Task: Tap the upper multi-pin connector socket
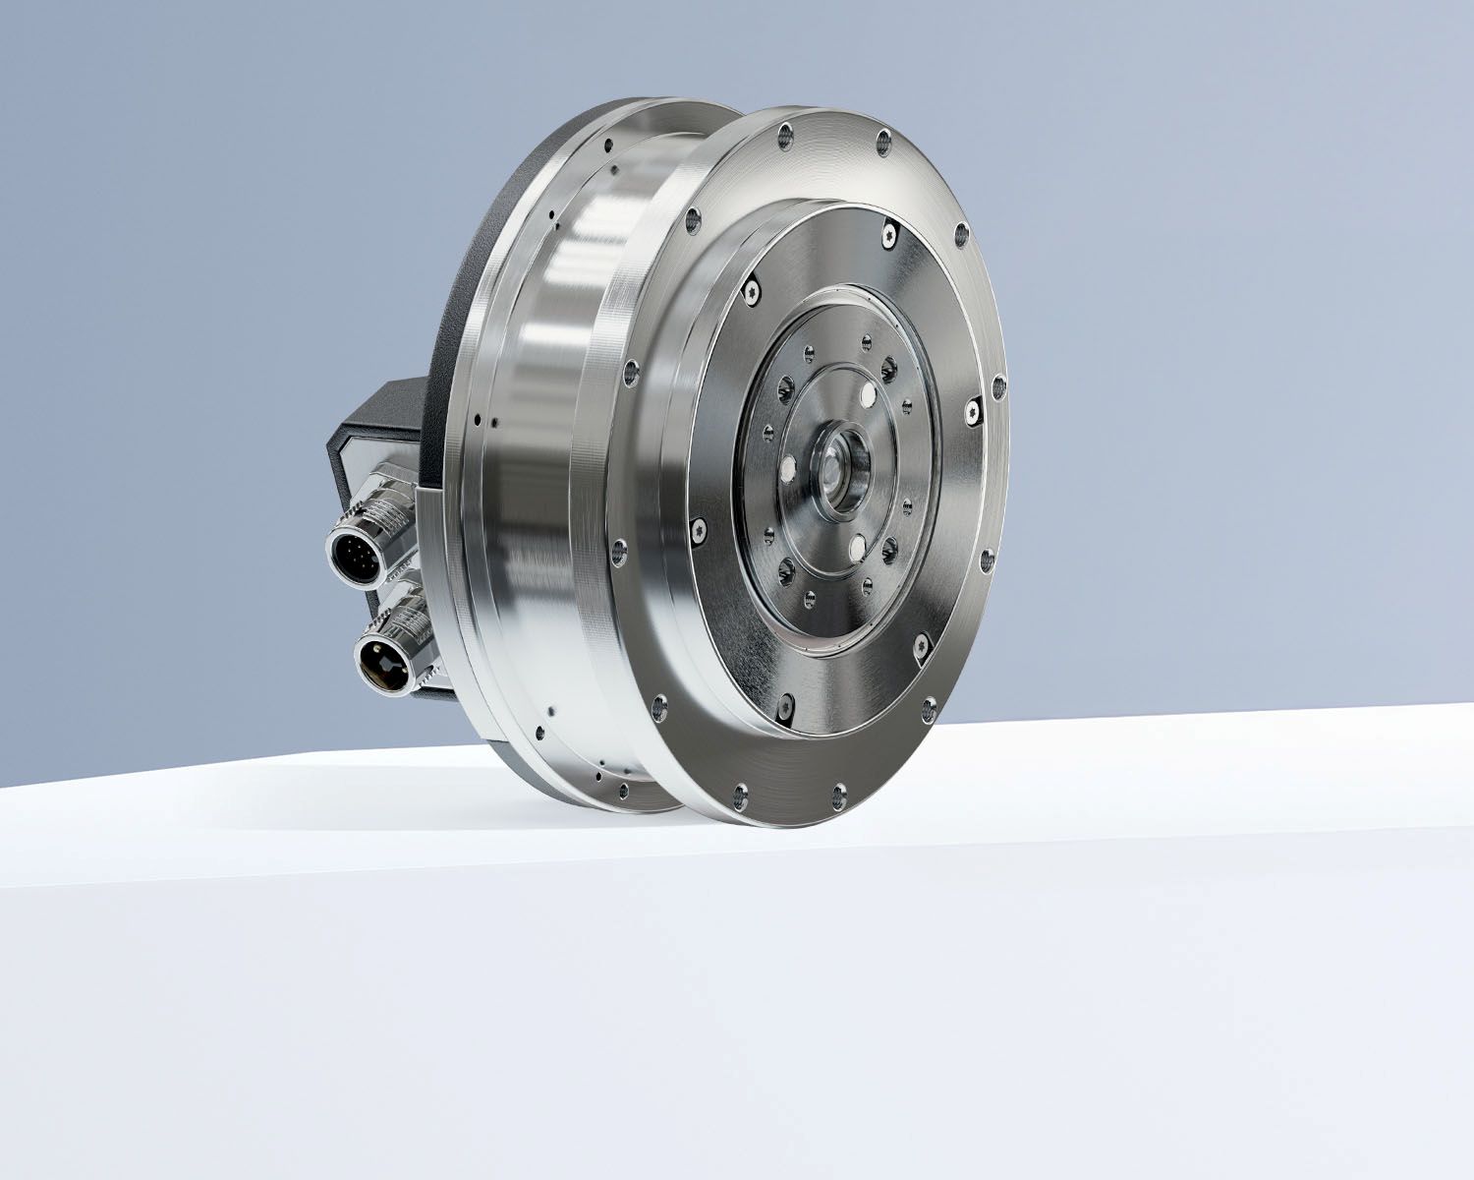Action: pyautogui.click(x=350, y=554)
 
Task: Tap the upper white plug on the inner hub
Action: pyautogui.click(x=868, y=394)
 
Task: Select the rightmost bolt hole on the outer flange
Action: pyautogui.click(x=999, y=383)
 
